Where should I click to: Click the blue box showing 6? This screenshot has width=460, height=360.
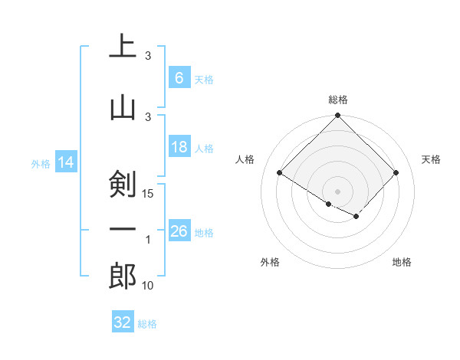(x=179, y=77)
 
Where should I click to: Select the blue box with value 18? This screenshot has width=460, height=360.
(x=179, y=147)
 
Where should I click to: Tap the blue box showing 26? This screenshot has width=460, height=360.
(x=179, y=231)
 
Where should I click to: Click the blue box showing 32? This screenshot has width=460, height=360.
(x=122, y=322)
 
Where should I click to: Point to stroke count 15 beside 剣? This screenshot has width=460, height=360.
(x=149, y=194)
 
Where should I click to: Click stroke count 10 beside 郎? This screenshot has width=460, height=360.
(x=147, y=286)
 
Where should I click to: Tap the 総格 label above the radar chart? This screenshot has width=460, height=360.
(x=337, y=100)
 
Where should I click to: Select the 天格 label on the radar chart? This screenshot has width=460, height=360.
(x=431, y=159)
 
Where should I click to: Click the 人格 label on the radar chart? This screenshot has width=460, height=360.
(x=245, y=159)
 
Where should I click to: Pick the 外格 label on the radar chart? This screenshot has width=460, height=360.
(x=270, y=262)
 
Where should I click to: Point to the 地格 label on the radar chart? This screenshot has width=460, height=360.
(x=402, y=262)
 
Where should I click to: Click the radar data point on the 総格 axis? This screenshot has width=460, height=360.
(x=337, y=116)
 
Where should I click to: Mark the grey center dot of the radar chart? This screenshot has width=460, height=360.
(x=337, y=191)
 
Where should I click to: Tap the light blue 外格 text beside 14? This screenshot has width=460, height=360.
(x=40, y=163)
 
